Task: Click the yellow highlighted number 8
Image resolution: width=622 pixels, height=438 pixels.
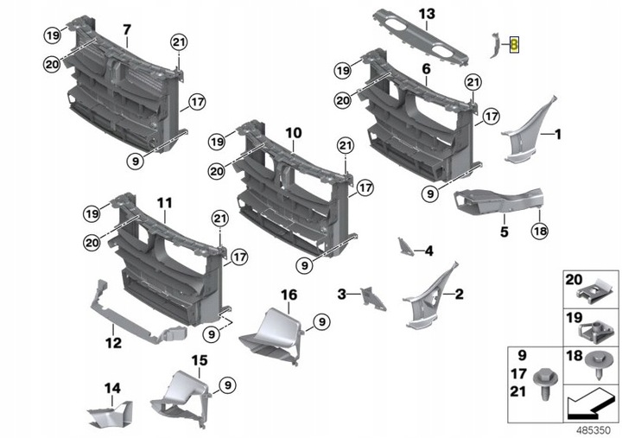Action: [x=514, y=45]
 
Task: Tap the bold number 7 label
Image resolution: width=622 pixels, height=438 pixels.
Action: [x=126, y=30]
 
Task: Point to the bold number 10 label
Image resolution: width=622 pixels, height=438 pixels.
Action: [x=293, y=133]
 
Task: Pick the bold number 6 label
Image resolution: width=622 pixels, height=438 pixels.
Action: [x=426, y=68]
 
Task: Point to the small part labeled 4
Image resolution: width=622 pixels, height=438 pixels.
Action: [x=404, y=246]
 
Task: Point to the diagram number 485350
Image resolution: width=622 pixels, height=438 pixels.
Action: [x=593, y=428]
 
